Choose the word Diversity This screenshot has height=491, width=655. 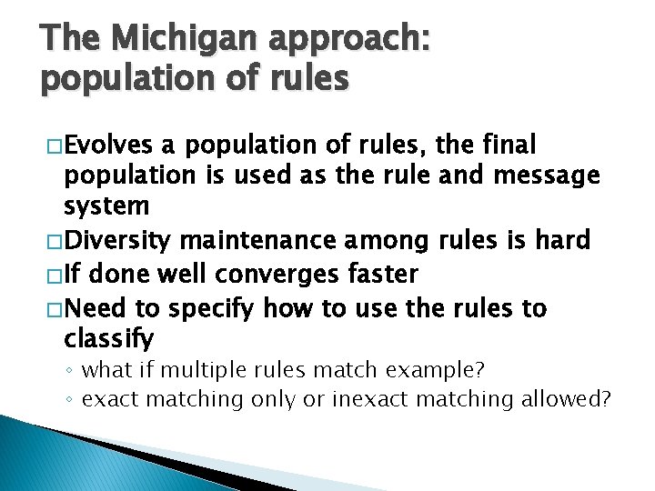(x=118, y=241)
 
